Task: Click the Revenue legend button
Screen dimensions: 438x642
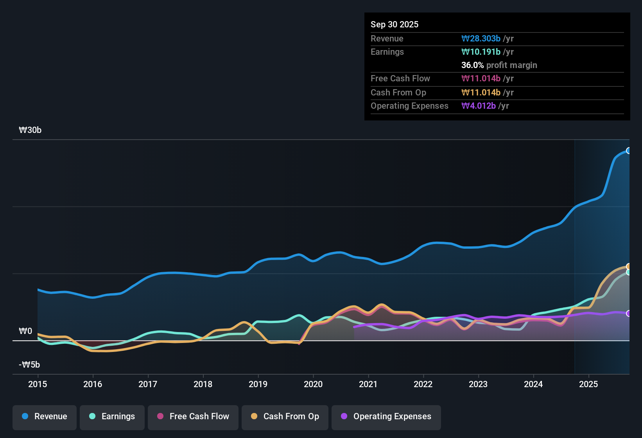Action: point(45,416)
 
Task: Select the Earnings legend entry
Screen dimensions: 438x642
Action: point(112,416)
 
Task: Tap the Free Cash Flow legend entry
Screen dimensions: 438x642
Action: point(193,416)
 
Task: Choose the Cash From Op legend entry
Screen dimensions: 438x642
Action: point(285,416)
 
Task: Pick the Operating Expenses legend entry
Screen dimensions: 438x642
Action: point(386,416)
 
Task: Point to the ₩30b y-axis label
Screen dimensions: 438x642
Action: point(30,130)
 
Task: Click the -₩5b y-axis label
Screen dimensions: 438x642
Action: point(29,365)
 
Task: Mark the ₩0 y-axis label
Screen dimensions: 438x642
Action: point(25,331)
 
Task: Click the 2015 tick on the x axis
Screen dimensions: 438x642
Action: point(38,384)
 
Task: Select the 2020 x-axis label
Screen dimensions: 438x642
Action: point(313,384)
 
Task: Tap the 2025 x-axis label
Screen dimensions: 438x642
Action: point(588,384)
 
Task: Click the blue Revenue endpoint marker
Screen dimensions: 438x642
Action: point(628,151)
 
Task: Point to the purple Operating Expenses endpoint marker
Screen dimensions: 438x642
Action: point(628,313)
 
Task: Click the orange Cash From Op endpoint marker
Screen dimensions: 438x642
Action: point(628,267)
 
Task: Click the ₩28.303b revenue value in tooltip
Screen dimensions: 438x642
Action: point(481,39)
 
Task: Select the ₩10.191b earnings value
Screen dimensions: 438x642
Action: point(481,52)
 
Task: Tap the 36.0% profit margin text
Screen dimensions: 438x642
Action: point(499,65)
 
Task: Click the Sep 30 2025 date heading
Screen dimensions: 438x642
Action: point(395,25)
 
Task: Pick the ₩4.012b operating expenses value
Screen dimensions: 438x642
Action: point(479,106)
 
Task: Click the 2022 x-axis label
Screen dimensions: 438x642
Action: point(423,384)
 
